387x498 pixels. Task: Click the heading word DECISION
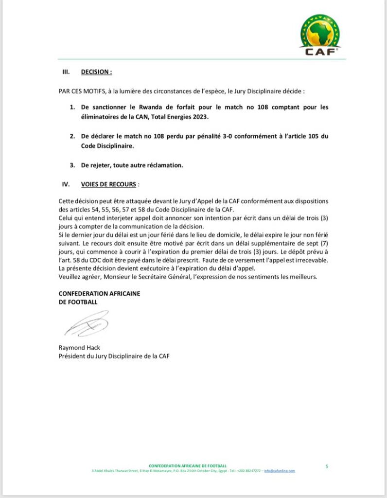click(96, 71)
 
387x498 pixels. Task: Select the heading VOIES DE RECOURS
click(109, 185)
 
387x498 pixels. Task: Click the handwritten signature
click(86, 323)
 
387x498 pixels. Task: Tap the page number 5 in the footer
click(327, 466)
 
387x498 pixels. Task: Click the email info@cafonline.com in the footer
click(280, 471)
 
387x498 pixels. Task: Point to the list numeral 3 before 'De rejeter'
click(72, 165)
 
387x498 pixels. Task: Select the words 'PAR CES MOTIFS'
click(78, 91)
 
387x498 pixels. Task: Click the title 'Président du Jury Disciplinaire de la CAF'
click(114, 356)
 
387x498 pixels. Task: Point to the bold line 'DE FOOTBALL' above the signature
click(78, 302)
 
